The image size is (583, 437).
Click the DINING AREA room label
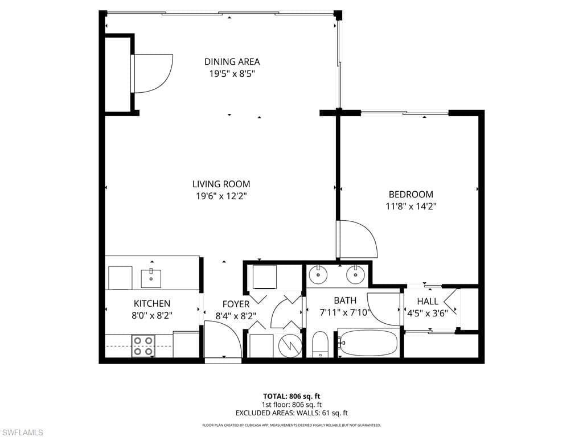pos(232,62)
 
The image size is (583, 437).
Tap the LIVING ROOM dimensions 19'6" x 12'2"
pos(221,196)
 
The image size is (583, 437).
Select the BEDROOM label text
pos(410,194)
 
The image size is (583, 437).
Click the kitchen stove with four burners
pos(143,346)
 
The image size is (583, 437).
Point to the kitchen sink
pos(151,278)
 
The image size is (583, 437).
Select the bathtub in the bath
pos(368,343)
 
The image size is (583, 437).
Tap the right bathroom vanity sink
pos(355,275)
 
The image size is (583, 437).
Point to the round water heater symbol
pos(290,345)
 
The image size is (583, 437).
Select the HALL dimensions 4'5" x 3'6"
pos(428,313)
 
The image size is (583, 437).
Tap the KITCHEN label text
pos(151,304)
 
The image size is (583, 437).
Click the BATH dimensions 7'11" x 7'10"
pos(345,312)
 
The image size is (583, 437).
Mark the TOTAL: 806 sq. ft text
pos(291,396)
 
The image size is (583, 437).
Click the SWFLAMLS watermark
pos(22,433)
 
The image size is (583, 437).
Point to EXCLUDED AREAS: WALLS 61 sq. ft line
pos(291,413)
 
